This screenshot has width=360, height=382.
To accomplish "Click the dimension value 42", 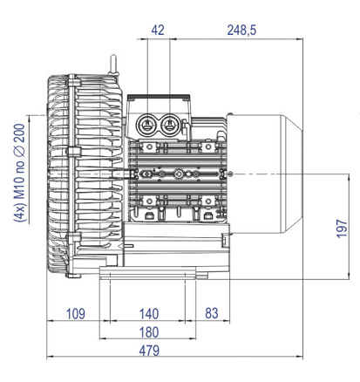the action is [158, 30].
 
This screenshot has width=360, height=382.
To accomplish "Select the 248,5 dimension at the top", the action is [241, 30].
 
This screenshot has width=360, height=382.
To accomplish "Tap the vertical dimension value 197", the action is [342, 229].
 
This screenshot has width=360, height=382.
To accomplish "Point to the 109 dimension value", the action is [76, 314].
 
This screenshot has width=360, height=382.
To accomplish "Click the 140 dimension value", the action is [149, 314].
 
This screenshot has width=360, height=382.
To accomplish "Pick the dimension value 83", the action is [212, 313].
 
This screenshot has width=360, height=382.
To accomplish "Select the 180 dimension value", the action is [149, 332].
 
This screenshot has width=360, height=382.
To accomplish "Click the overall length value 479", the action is [149, 351].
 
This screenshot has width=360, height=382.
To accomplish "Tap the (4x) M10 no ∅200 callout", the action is [20, 174].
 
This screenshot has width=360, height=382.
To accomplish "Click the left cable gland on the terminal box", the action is [147, 125].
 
